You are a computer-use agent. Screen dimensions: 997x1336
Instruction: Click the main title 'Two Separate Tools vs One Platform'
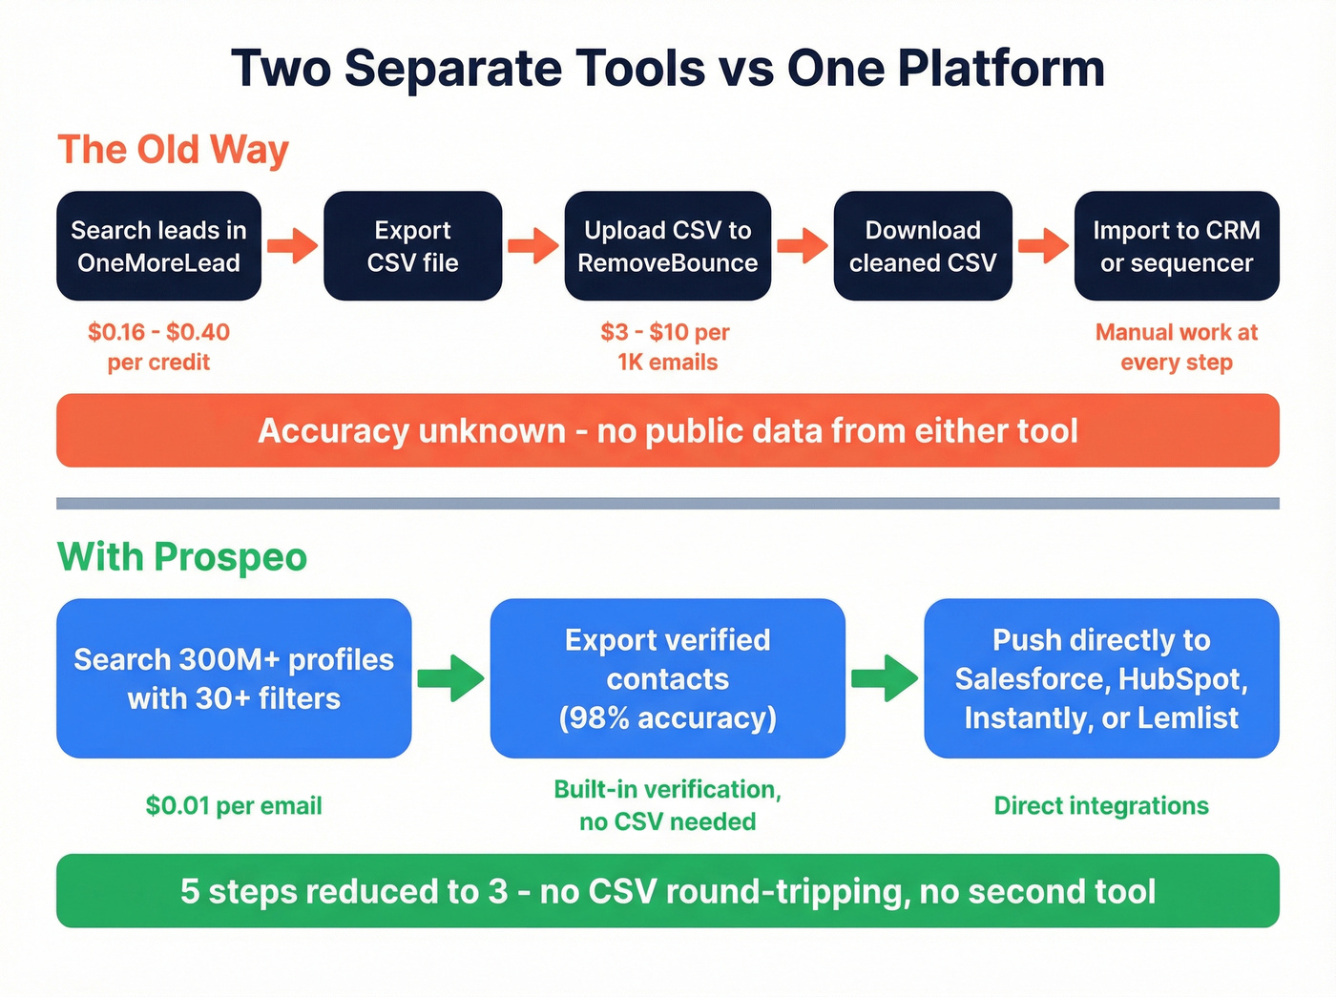668,69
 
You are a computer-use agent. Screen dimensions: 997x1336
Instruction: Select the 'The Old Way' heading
173,150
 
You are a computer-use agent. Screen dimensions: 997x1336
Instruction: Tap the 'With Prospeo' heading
182,557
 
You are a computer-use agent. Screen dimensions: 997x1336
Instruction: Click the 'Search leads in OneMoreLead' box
158,246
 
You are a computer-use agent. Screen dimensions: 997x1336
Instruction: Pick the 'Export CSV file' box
412,246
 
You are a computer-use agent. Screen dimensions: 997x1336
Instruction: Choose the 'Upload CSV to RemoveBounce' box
667,246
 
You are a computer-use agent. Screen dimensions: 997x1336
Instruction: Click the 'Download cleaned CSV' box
923,246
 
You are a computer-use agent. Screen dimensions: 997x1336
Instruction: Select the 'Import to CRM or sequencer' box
1177,246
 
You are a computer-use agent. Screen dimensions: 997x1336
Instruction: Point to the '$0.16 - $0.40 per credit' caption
158,346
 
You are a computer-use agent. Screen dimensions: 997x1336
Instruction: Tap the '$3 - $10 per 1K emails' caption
666,346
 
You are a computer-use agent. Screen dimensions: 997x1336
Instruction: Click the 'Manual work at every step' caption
1177,346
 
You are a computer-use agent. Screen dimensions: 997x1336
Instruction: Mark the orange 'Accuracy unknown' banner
668,430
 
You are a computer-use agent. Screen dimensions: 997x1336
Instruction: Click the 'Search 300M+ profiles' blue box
234,678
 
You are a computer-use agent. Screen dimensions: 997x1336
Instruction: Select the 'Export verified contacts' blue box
667,678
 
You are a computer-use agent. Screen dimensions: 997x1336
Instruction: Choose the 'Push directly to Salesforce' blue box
1101,678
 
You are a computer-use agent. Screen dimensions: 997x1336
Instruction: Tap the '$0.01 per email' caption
234,806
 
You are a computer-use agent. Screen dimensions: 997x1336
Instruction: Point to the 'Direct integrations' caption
1101,806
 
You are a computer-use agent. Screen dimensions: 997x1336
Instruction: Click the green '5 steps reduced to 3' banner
668,891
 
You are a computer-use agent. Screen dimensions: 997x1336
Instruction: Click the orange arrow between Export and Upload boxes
533,246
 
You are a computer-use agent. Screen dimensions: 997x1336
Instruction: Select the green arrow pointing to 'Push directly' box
885,678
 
